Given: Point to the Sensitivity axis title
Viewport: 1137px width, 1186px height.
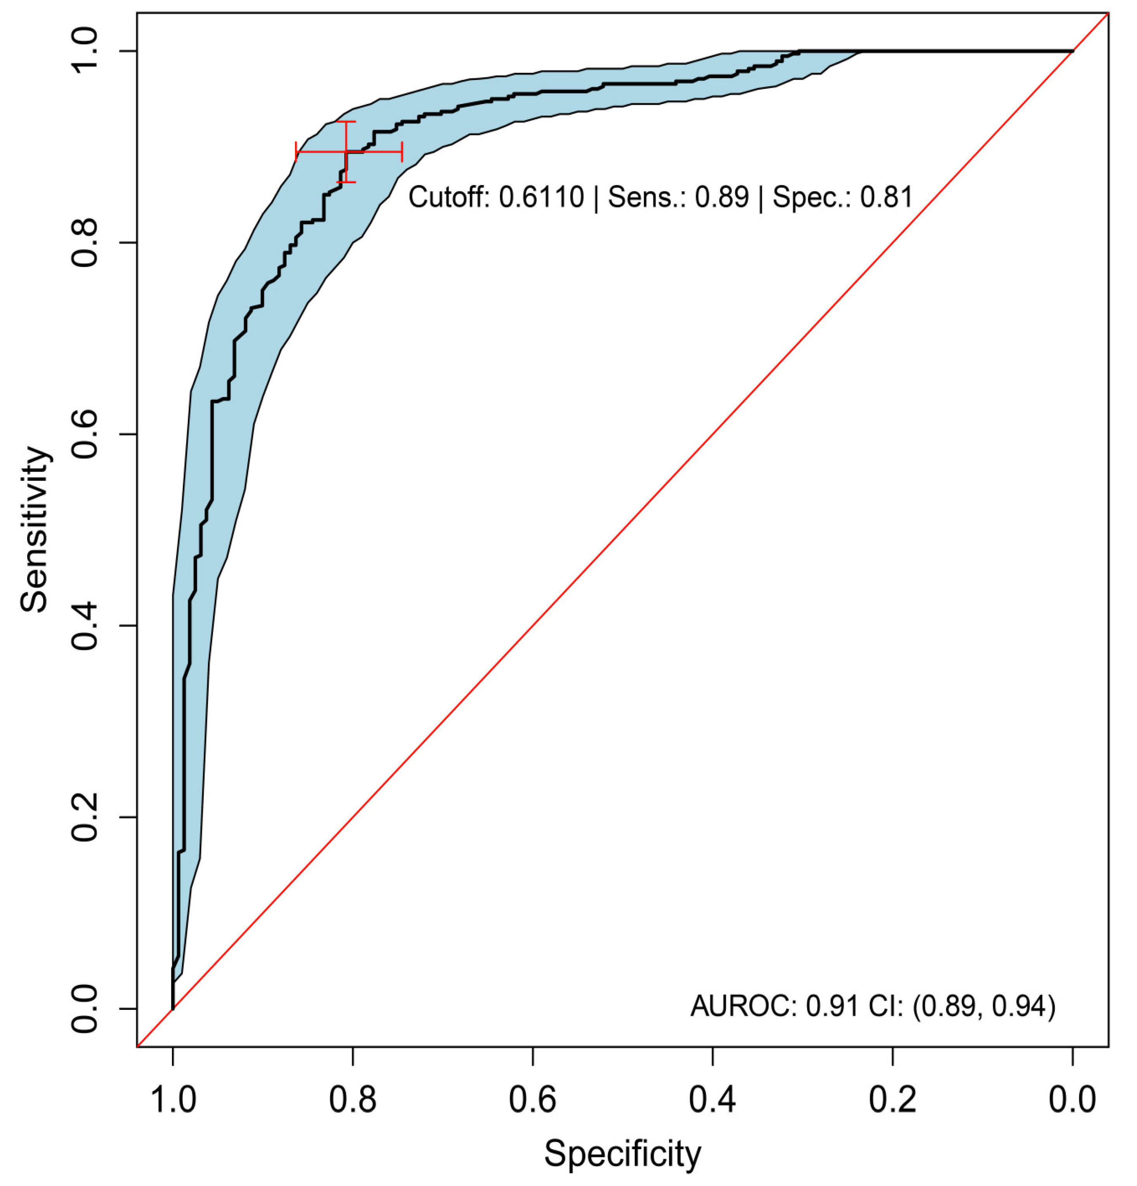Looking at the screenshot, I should point(35,529).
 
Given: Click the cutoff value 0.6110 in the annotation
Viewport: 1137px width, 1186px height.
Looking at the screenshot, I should point(541,197).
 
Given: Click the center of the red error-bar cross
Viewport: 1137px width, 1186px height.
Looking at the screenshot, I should point(346,151).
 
